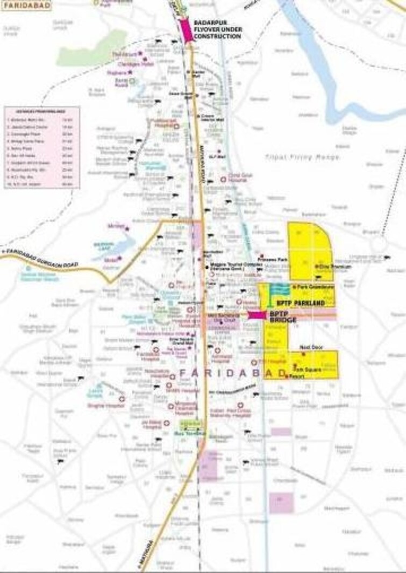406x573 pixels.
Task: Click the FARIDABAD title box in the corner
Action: (x=27, y=6)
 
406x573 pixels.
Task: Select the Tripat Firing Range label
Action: (x=302, y=156)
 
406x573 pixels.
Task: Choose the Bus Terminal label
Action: (x=186, y=433)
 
